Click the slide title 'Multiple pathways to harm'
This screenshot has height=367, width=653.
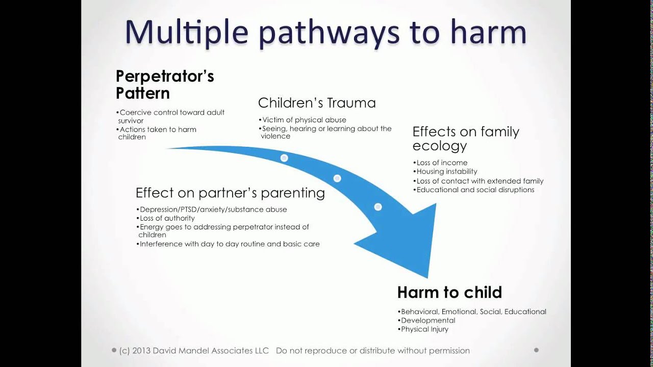325,33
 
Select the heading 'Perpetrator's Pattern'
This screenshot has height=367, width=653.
164,85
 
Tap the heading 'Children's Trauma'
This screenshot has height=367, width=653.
317,102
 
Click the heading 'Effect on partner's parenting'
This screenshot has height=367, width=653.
230,193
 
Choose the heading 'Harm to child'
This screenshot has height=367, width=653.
449,292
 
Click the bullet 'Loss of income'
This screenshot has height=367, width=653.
441,163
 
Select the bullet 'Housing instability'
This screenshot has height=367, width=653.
446,172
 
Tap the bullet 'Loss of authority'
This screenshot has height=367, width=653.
167,218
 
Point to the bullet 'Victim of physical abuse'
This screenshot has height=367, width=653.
303,120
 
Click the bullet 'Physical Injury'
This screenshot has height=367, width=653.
424,329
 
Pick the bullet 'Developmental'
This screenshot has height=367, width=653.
428,321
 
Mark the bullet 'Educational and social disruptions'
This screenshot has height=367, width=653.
475,190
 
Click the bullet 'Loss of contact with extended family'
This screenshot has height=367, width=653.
480,181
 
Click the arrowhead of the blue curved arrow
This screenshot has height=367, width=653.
408,240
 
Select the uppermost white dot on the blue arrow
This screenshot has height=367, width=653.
284,158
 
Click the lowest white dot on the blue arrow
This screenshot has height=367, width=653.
378,206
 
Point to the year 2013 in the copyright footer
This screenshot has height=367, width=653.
142,351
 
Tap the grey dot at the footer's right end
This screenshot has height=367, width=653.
536,350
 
